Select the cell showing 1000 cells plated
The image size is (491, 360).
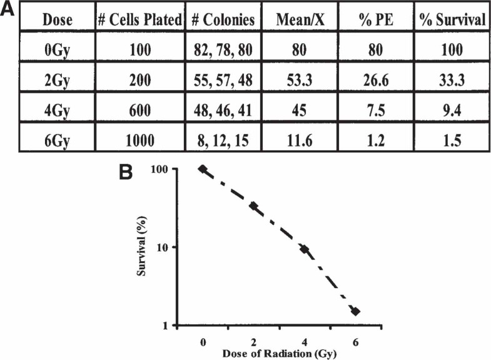tap(141, 141)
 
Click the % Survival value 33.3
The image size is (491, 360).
tap(453, 81)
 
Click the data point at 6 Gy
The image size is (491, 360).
tap(355, 311)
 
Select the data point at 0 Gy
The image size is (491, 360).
tap(202, 168)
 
